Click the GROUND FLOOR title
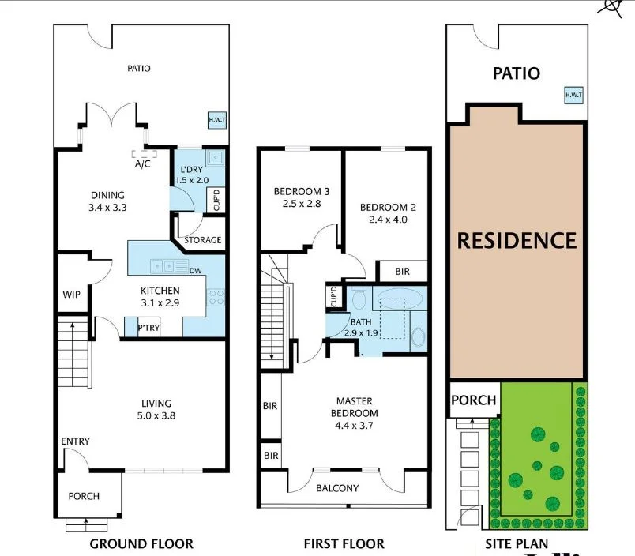point(141,543)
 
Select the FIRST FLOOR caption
point(344,543)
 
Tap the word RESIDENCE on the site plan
point(517,240)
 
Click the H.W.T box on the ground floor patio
point(216,120)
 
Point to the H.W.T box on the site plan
point(573,96)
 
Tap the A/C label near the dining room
point(143,165)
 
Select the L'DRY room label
point(194,171)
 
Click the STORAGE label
point(202,240)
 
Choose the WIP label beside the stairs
point(71,295)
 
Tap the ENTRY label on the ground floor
point(75,441)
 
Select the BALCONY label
point(337,488)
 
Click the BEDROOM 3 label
point(302,192)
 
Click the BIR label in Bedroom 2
point(402,272)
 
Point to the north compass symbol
point(610,6)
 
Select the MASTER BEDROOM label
point(354,407)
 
